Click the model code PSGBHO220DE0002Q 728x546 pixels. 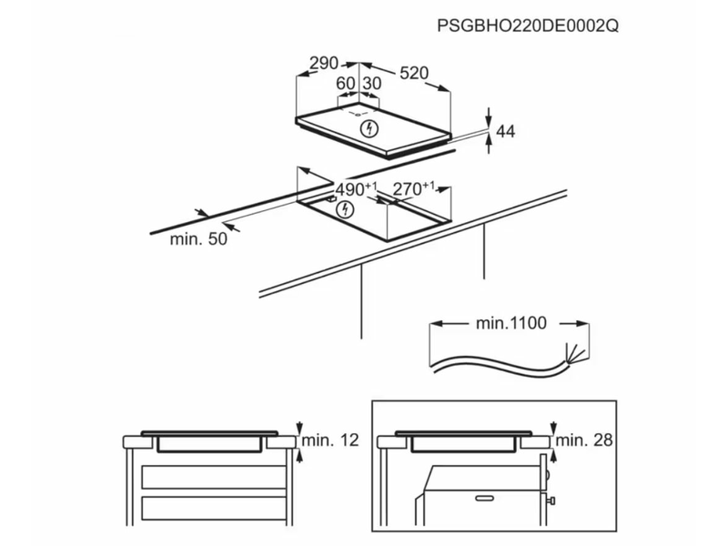(x=527, y=27)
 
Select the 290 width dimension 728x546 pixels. (x=323, y=64)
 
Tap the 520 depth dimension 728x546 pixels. (x=413, y=72)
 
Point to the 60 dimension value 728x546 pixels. (x=346, y=83)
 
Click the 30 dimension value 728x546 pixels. (x=371, y=83)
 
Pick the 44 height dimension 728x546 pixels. (x=505, y=133)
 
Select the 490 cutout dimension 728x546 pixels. (x=353, y=189)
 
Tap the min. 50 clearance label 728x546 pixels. (x=197, y=239)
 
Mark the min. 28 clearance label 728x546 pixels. (x=585, y=440)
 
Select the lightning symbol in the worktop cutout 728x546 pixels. (x=344, y=211)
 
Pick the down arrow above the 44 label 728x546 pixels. (x=490, y=115)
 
